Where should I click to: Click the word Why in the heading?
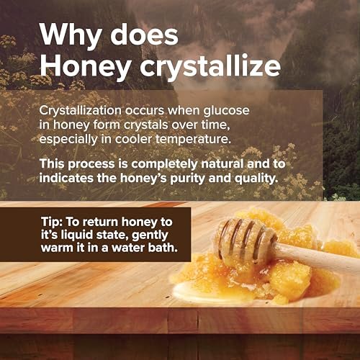click(x=71, y=35)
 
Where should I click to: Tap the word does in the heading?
click(x=144, y=34)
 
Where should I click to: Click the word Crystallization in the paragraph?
click(x=81, y=111)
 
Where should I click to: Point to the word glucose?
click(x=226, y=111)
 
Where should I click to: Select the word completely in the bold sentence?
click(x=164, y=164)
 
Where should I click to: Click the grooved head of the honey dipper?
click(x=245, y=240)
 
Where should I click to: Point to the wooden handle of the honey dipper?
click(x=317, y=258)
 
